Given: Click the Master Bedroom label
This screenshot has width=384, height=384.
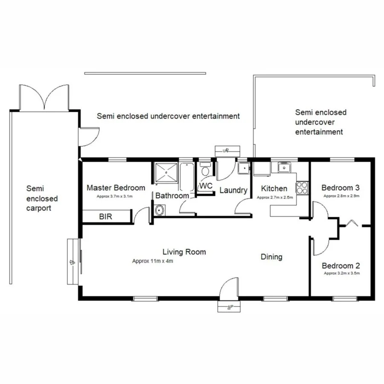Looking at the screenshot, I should click(x=116, y=188).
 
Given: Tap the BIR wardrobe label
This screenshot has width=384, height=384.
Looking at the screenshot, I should click(x=105, y=217).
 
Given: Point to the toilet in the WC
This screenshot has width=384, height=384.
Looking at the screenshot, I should click(x=205, y=171).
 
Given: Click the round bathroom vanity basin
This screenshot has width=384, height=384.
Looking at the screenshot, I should click(x=160, y=210).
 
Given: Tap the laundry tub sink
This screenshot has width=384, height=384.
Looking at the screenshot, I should click(x=244, y=168).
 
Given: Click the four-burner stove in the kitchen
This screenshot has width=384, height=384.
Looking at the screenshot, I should click(x=302, y=187).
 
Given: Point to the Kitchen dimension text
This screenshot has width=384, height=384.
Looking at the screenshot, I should click(x=274, y=198).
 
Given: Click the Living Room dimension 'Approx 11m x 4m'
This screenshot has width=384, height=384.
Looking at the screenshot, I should click(x=152, y=261).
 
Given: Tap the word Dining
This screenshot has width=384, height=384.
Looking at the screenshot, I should click(x=271, y=257).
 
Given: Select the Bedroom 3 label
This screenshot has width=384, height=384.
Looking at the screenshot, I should click(x=340, y=188).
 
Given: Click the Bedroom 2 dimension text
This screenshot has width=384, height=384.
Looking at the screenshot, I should click(x=341, y=273).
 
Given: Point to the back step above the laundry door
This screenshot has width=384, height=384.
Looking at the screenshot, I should click(x=227, y=150).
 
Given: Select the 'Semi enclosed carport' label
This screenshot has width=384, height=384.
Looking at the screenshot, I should click(x=42, y=198).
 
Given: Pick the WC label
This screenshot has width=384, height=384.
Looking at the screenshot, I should click(x=206, y=186).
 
